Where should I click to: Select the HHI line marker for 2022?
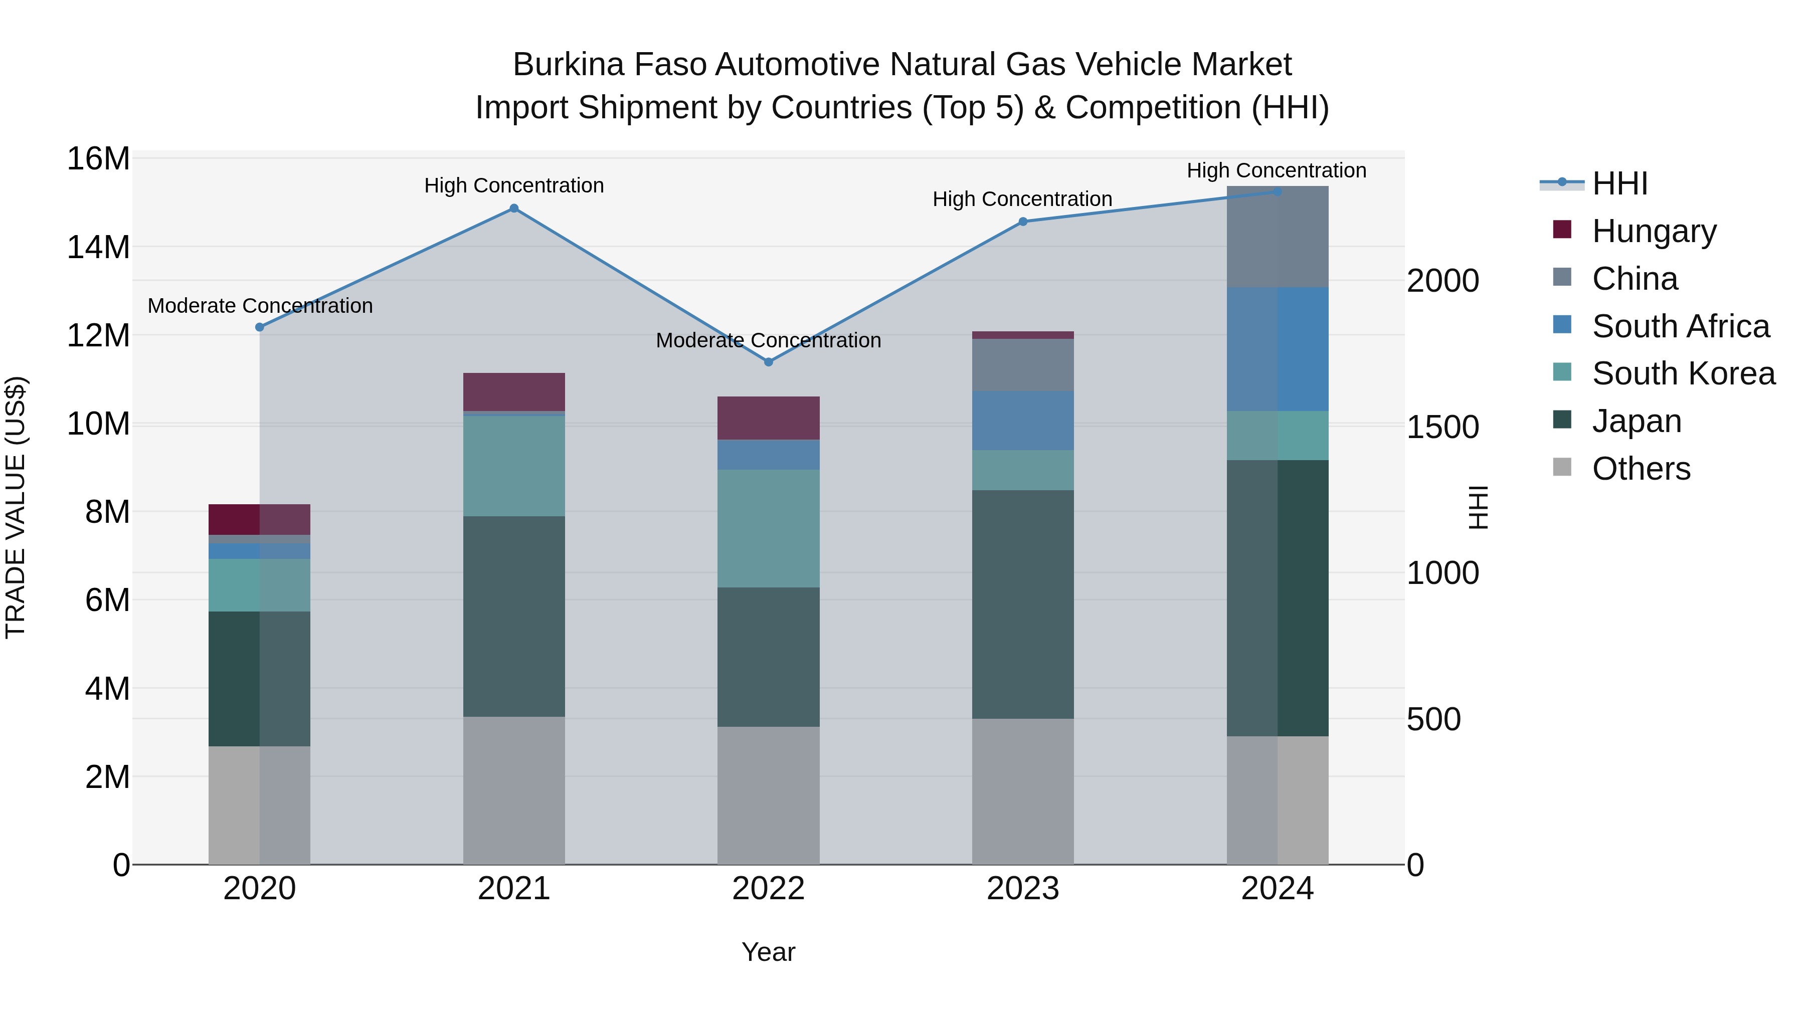pyautogui.click(x=768, y=362)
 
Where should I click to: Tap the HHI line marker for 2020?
pyautogui.click(x=260, y=327)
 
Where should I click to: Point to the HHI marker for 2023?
pyautogui.click(x=1022, y=222)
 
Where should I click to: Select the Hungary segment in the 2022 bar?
pyautogui.click(x=768, y=418)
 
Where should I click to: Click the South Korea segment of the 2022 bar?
pyautogui.click(x=768, y=528)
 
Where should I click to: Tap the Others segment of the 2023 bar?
pyautogui.click(x=1022, y=791)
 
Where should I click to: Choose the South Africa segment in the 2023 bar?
pyautogui.click(x=1022, y=421)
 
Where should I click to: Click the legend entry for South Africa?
pyautogui.click(x=1680, y=326)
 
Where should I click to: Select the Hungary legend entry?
pyautogui.click(x=1654, y=231)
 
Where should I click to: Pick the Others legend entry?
pyautogui.click(x=1641, y=469)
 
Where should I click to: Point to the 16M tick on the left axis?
pyautogui.click(x=98, y=159)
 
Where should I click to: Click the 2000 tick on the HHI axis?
pyautogui.click(x=1442, y=281)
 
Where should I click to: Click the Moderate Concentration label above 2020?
pyautogui.click(x=260, y=306)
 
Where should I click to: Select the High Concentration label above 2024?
pyautogui.click(x=1276, y=170)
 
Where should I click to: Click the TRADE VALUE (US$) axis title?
pyautogui.click(x=16, y=508)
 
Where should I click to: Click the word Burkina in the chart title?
pyautogui.click(x=568, y=65)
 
